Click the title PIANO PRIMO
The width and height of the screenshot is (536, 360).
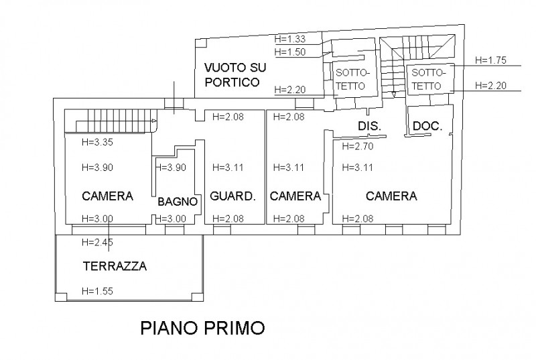[202, 328]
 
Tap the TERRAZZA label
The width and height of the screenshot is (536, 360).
[115, 266]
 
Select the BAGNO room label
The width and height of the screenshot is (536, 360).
[177, 201]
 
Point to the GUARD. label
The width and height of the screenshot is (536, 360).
[232, 196]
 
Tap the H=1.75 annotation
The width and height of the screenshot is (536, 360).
[490, 60]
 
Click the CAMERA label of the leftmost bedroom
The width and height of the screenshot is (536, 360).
[107, 196]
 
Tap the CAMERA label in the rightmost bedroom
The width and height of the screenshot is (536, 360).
[391, 196]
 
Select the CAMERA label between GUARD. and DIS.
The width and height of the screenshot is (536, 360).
[295, 196]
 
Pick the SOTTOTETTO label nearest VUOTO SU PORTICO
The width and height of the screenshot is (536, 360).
[351, 78]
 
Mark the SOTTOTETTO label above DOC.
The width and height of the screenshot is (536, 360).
[426, 79]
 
